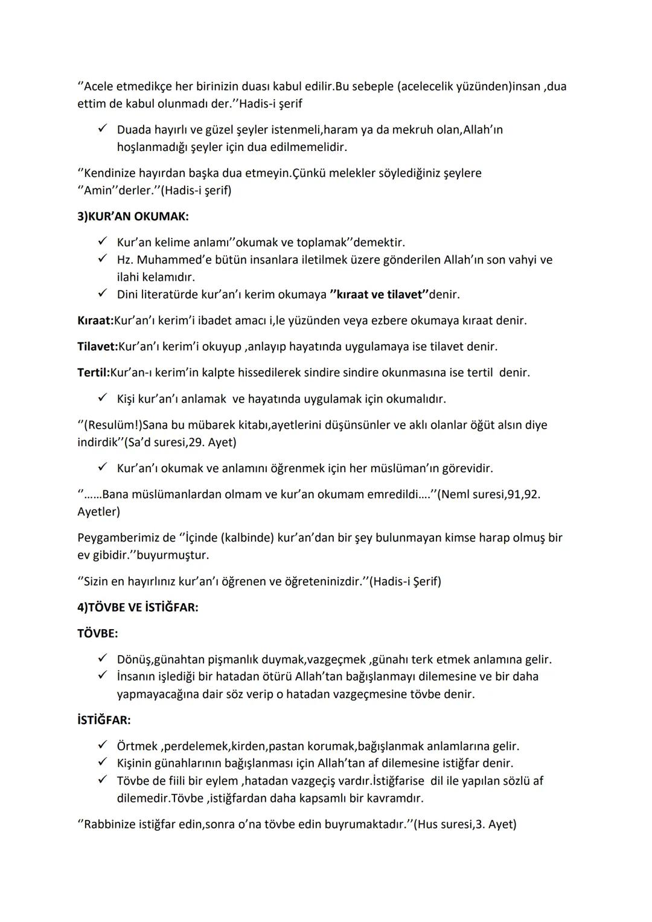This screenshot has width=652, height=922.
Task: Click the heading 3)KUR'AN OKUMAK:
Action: click(x=133, y=216)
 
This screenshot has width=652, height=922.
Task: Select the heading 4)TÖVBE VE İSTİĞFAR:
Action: click(x=138, y=607)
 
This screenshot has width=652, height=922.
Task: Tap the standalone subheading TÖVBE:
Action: click(x=98, y=633)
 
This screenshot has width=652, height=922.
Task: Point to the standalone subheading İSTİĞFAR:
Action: click(x=104, y=720)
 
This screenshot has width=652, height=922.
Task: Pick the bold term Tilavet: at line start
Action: click(x=98, y=347)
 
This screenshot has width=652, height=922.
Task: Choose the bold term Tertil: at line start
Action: click(x=94, y=373)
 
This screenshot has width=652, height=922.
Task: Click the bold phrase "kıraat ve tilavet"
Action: click(x=379, y=295)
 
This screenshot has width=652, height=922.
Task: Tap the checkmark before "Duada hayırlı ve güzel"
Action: click(x=103, y=129)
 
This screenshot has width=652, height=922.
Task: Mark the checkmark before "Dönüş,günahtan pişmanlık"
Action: click(x=103, y=659)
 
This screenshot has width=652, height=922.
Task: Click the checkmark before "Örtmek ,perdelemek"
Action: click(x=103, y=746)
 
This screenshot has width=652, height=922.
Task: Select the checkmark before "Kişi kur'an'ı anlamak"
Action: click(x=103, y=399)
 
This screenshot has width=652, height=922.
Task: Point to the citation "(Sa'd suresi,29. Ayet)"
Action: click(x=180, y=442)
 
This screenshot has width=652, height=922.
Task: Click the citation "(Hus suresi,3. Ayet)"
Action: click(x=465, y=824)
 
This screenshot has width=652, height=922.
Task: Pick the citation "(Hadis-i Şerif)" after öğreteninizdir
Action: click(x=405, y=581)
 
